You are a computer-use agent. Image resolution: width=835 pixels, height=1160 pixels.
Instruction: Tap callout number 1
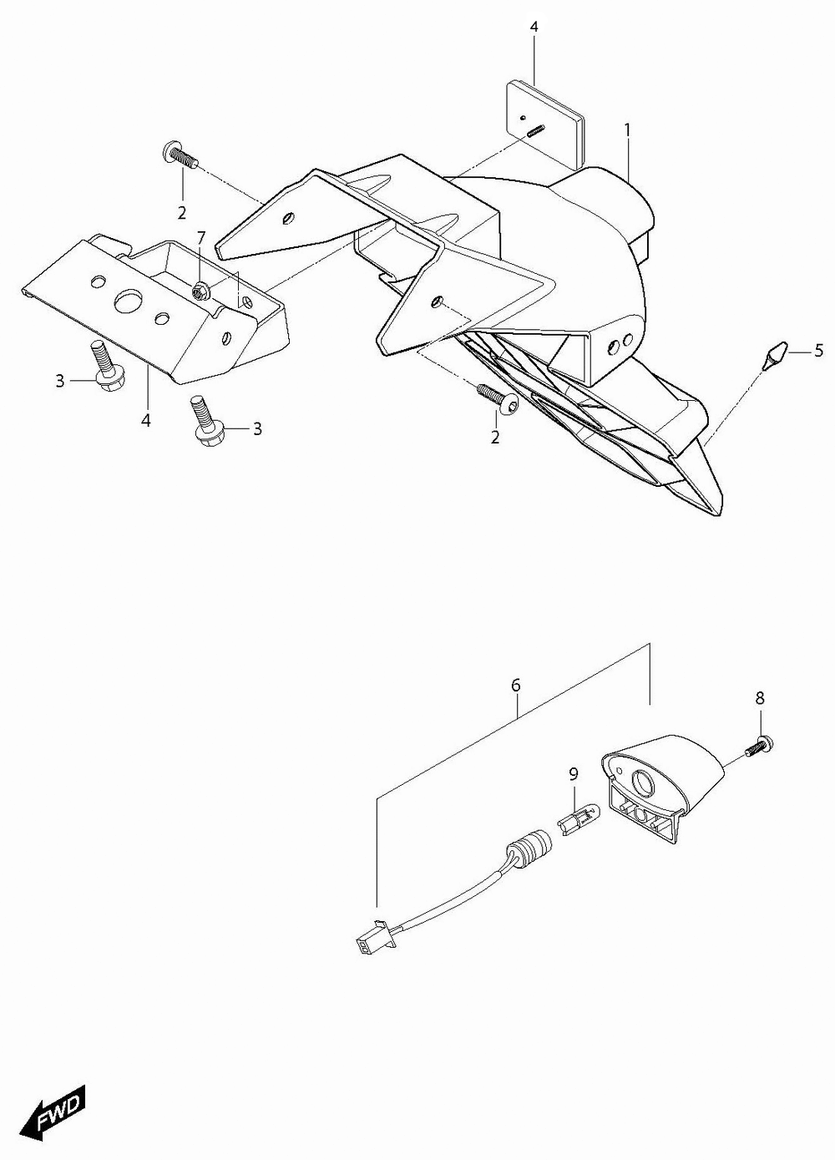coord(627,130)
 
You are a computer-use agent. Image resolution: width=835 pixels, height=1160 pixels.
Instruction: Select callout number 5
coord(818,351)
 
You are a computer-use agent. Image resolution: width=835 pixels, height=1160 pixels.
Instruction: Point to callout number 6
coord(515,685)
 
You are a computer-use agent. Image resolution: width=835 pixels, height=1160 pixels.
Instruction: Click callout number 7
coord(201,238)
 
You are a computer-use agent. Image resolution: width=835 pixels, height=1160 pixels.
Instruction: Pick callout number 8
coord(759,698)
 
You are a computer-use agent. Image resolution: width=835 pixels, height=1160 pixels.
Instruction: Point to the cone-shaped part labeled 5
coord(775,356)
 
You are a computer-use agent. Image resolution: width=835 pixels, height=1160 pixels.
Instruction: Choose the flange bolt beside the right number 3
coord(206,421)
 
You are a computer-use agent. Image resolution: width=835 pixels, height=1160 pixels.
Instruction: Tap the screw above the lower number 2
coord(498,398)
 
